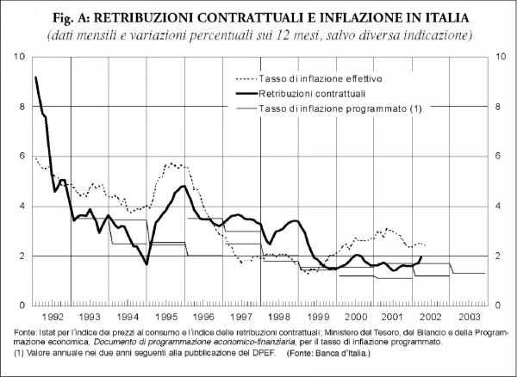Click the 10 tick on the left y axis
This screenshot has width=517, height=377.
[x=19, y=57]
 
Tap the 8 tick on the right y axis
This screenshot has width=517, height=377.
[x=495, y=107]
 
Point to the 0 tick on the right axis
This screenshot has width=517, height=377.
[x=495, y=306]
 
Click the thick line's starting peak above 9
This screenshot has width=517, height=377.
[x=35, y=77]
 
